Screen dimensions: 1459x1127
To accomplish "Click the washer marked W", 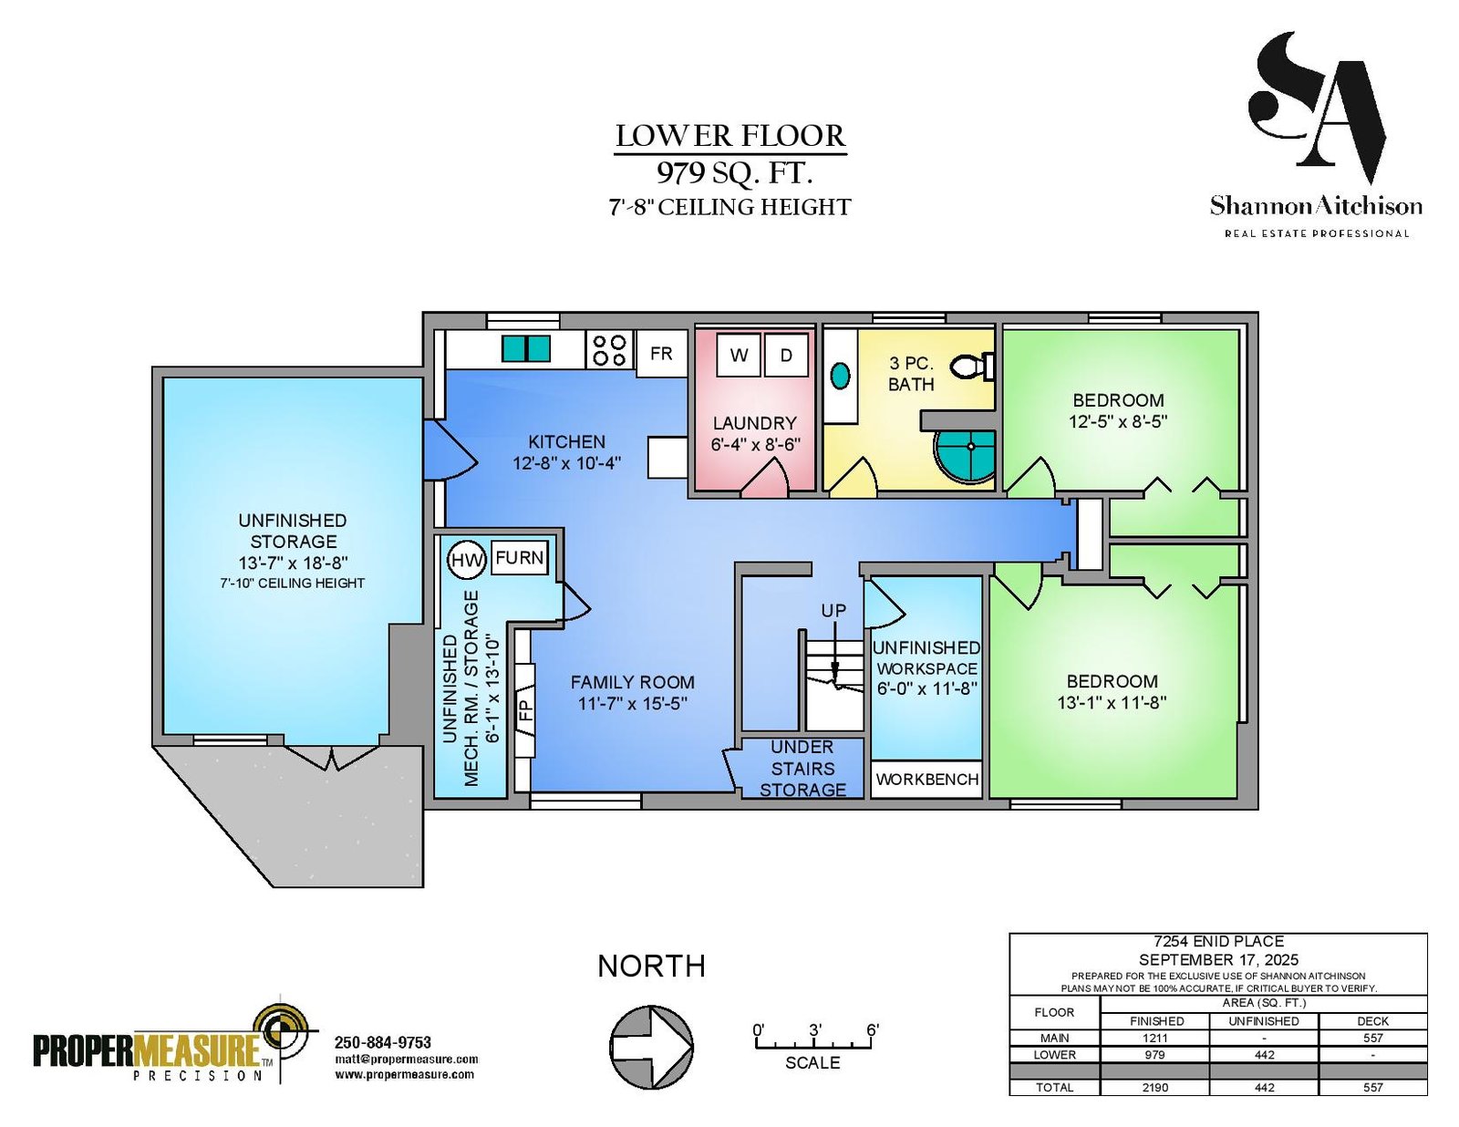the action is click(x=739, y=355).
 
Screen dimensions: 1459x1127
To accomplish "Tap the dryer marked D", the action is click(x=786, y=355).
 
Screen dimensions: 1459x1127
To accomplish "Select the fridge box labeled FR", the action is click(x=661, y=353).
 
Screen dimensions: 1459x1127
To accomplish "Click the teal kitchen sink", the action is click(x=526, y=348).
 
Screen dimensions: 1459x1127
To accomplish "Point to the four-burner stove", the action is click(x=610, y=349).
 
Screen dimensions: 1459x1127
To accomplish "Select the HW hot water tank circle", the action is click(x=466, y=560).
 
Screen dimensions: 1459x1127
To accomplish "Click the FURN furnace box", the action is click(x=520, y=558).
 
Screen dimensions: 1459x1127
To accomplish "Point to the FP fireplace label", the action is click(x=526, y=710).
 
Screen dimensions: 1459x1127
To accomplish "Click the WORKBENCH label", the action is click(x=926, y=780).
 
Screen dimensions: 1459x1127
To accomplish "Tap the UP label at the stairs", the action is click(x=833, y=611).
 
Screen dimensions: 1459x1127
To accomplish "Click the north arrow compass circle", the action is click(x=651, y=1047).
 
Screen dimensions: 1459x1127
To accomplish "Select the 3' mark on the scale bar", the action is click(x=815, y=1029).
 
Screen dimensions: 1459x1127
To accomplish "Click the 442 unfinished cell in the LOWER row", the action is click(x=1264, y=1054).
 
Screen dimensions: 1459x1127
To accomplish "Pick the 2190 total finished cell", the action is click(x=1154, y=1088).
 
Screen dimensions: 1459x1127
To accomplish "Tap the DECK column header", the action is click(x=1372, y=1021).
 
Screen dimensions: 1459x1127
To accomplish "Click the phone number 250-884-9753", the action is click(x=383, y=1042).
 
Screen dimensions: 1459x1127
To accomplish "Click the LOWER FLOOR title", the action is click(x=730, y=136).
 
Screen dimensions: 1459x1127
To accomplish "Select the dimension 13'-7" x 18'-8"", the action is click(x=293, y=563).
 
